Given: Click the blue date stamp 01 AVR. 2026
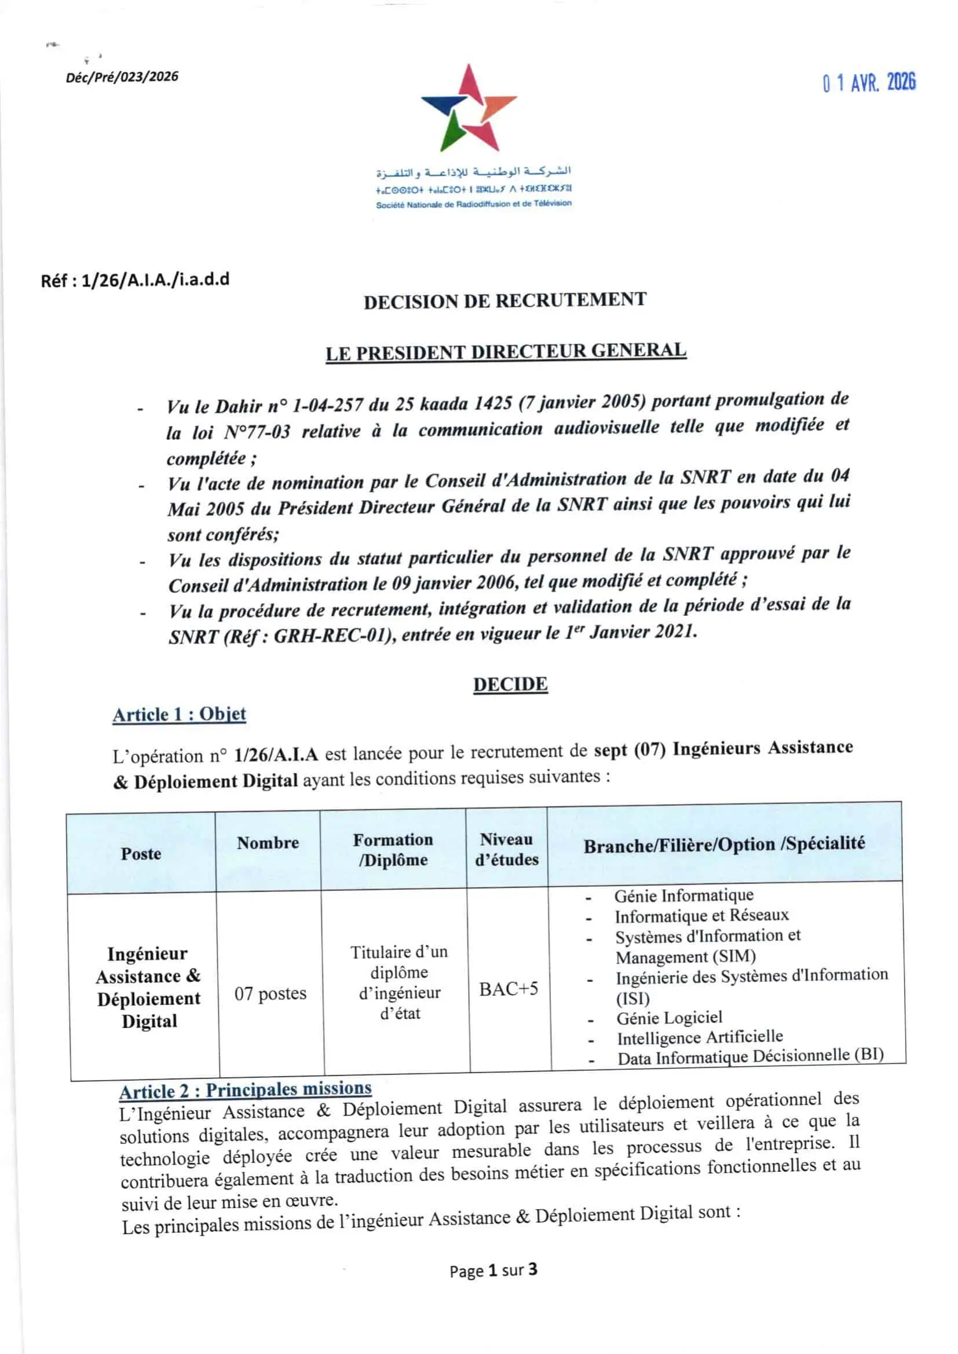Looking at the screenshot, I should pyautogui.click(x=869, y=83).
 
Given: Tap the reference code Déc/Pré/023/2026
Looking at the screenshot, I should pyautogui.click(x=122, y=76).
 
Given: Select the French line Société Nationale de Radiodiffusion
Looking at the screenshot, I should pyautogui.click(x=474, y=204).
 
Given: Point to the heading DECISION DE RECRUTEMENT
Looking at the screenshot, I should pyautogui.click(x=505, y=300).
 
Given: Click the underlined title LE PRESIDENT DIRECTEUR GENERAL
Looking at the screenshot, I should pyautogui.click(x=506, y=351).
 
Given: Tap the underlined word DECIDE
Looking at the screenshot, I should pyautogui.click(x=510, y=684).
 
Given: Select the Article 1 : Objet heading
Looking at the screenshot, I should pyautogui.click(x=179, y=714).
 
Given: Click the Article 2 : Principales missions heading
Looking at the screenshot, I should pyautogui.click(x=245, y=1089).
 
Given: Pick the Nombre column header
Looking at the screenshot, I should pyautogui.click(x=268, y=843).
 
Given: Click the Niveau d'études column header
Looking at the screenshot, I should pyautogui.click(x=507, y=849).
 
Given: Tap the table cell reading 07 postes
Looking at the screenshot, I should pyautogui.click(x=270, y=993).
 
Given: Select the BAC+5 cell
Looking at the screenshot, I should pyautogui.click(x=509, y=988).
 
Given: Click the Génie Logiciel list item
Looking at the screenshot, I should pyautogui.click(x=669, y=1017).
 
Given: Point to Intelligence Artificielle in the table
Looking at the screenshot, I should pyautogui.click(x=700, y=1037).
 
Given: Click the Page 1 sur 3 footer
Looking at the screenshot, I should pyautogui.click(x=493, y=1269).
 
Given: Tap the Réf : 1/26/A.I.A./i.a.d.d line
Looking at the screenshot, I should pyautogui.click(x=135, y=280).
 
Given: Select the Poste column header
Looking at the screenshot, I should pyautogui.click(x=141, y=853).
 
